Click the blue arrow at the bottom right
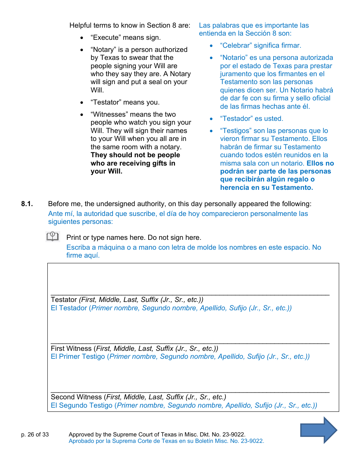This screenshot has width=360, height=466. pos(318,430)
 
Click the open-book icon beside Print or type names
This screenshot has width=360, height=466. pos(53,237)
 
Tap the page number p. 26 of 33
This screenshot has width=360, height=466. pos(35,435)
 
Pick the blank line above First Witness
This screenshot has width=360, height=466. pos(189,343)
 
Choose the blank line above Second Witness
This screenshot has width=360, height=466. pos(189,392)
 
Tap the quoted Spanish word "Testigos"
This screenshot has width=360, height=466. pos(236,131)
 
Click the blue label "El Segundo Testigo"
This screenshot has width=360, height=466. pos(81,405)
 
